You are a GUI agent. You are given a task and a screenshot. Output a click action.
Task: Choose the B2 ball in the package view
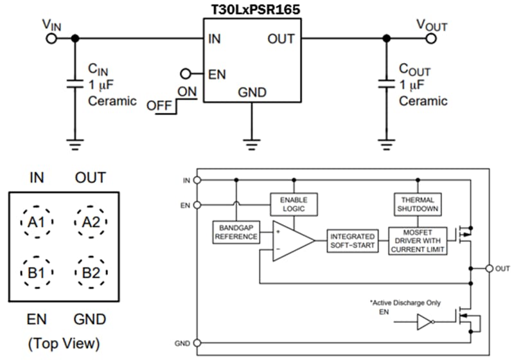(90, 272)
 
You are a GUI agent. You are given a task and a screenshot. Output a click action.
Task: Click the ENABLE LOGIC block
(292, 204)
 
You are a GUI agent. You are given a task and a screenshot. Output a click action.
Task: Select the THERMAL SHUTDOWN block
(418, 204)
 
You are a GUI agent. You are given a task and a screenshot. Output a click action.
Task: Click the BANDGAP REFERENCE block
(236, 231)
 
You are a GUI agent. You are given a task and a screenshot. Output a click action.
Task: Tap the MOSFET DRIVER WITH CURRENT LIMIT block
(418, 241)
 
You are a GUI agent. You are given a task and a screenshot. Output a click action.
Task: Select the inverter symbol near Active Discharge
(426, 322)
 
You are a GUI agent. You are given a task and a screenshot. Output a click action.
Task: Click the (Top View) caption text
(64, 344)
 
